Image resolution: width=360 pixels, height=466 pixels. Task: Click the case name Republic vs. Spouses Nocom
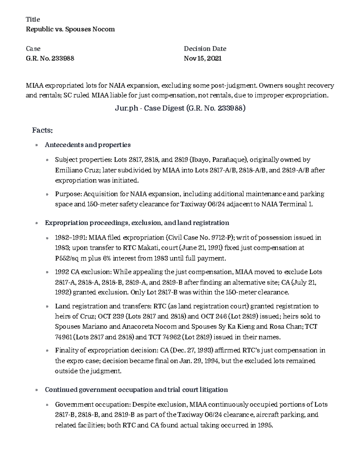[x=70, y=29]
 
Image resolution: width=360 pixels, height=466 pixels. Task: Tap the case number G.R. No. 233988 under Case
[x=50, y=58]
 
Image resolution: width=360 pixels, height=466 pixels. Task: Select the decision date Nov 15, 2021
[x=202, y=58]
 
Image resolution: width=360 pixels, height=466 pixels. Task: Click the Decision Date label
[x=205, y=49]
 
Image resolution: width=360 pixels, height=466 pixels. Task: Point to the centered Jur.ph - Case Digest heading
[x=180, y=108]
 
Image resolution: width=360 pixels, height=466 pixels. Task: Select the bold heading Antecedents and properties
[x=88, y=145]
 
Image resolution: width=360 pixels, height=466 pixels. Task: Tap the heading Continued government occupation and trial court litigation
[x=136, y=390]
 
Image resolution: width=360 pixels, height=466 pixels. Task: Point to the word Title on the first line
[x=33, y=20]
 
